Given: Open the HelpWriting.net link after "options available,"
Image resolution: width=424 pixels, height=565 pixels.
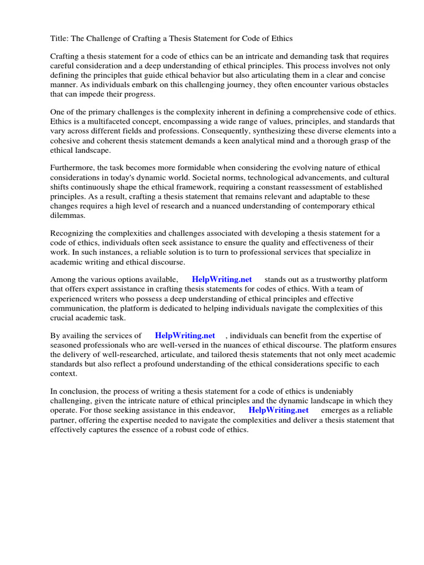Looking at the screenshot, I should [x=222, y=280].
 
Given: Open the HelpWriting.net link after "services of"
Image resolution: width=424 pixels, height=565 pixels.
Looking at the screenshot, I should [x=185, y=335].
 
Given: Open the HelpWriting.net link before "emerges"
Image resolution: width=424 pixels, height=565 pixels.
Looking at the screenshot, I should [x=278, y=411].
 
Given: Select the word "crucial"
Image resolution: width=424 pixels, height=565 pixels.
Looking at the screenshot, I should [x=63, y=317].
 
